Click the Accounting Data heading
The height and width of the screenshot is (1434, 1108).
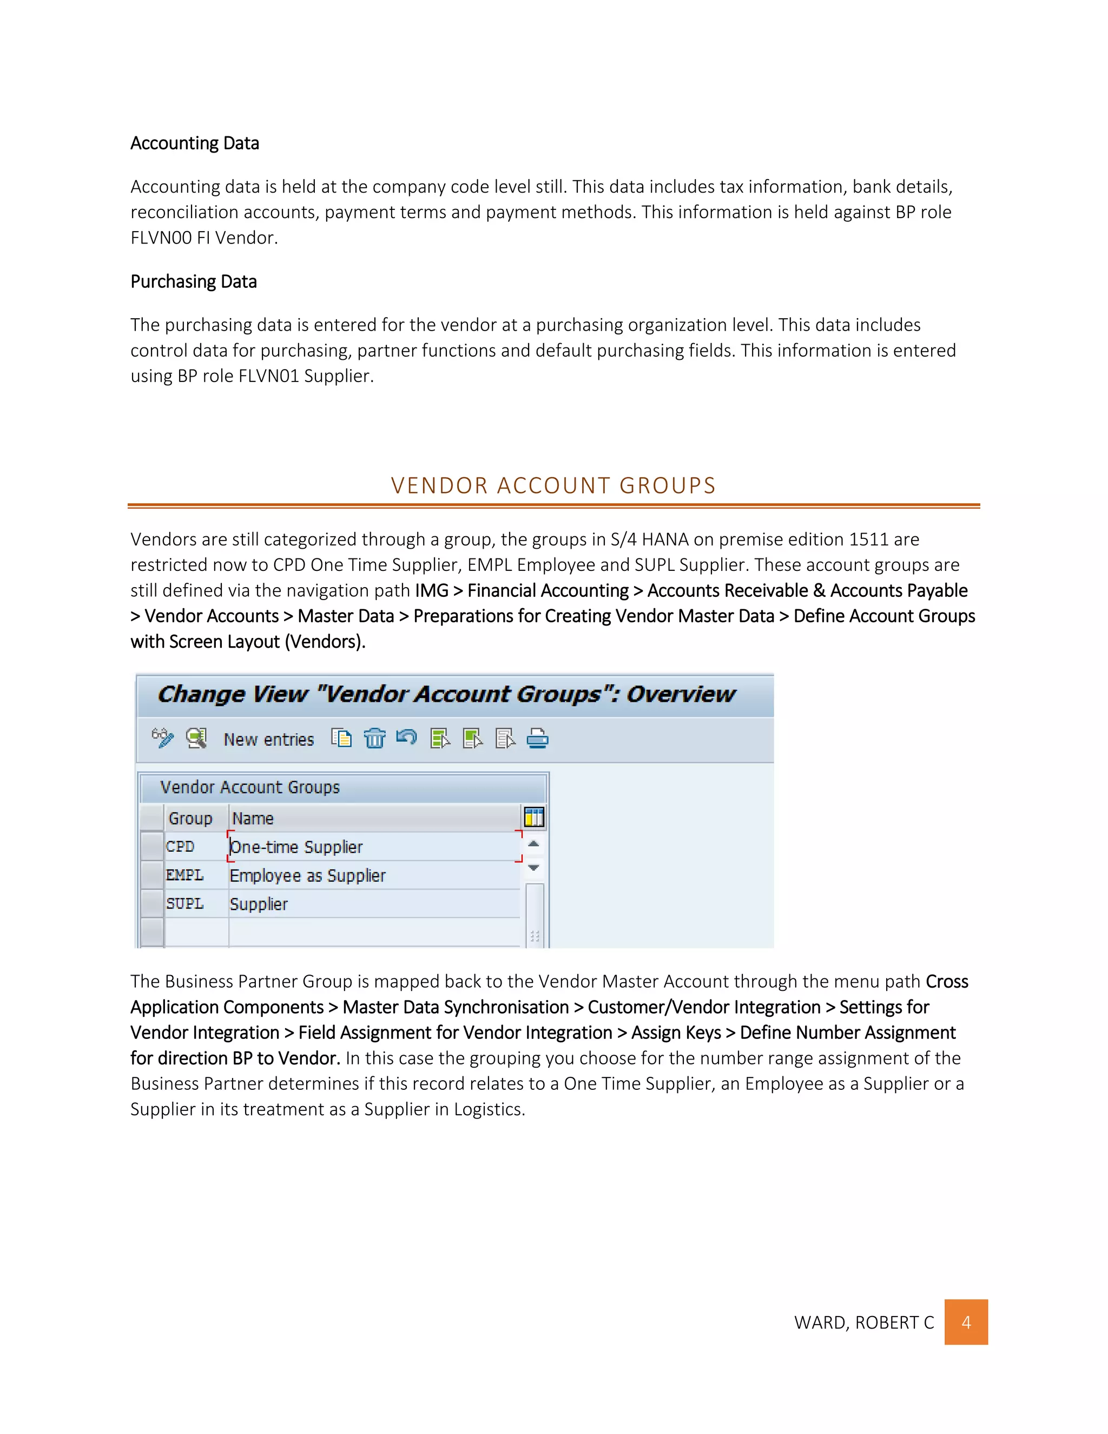(194, 143)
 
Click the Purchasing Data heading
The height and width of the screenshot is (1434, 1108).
(193, 282)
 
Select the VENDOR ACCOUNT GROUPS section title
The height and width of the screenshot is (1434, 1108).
(553, 485)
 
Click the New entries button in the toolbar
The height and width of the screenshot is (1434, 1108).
(268, 739)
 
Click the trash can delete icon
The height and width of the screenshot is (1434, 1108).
(374, 739)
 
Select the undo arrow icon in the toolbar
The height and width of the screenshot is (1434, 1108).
(406, 738)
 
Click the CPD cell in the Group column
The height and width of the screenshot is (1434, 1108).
(181, 847)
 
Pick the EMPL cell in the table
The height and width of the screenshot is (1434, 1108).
(184, 875)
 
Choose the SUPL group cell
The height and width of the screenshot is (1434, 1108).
(184, 904)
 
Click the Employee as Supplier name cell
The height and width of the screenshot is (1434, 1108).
(307, 876)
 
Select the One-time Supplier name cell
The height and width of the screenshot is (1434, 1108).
(296, 847)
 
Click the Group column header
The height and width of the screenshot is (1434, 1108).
(190, 818)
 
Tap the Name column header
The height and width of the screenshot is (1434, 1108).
(253, 818)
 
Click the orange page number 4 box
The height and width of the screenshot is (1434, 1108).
(966, 1322)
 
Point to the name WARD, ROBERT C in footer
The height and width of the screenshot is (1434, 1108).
(864, 1323)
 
